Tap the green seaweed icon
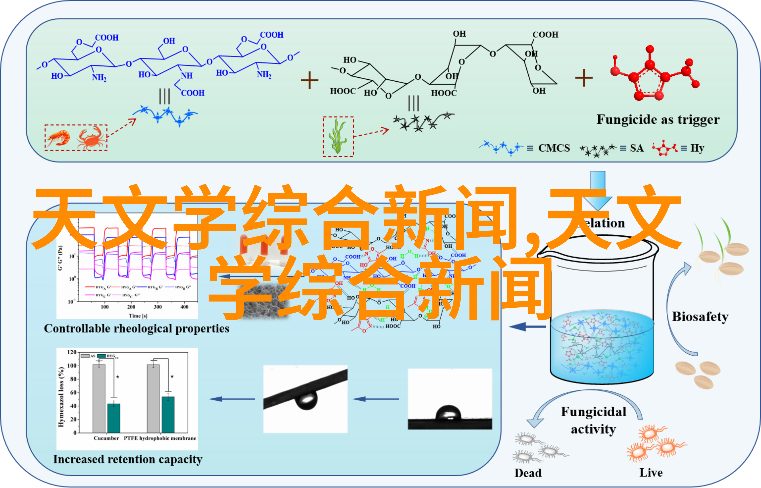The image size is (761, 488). [338, 136]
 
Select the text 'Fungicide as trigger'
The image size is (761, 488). [658, 120]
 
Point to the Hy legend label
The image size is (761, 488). [697, 148]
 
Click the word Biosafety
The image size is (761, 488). [700, 317]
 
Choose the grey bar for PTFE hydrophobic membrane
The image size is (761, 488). [153, 398]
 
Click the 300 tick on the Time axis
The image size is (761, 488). [158, 307]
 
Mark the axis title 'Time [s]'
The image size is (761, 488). [138, 316]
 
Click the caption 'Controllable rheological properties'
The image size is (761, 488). [136, 329]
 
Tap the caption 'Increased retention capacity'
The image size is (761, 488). [128, 459]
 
